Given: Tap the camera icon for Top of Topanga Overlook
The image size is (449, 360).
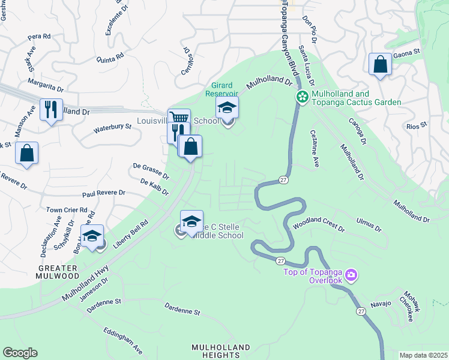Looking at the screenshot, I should (351, 276).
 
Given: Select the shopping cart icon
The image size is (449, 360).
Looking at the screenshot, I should (179, 118).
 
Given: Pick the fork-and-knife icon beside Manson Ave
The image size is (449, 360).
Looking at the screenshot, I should (51, 109).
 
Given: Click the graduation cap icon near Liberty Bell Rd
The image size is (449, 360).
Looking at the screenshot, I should (92, 236).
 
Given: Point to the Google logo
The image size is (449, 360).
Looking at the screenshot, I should (20, 353).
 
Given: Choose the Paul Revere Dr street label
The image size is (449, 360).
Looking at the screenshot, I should (103, 194).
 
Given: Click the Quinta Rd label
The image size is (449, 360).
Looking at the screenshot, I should (110, 58).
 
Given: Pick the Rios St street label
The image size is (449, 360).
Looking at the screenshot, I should (416, 126).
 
